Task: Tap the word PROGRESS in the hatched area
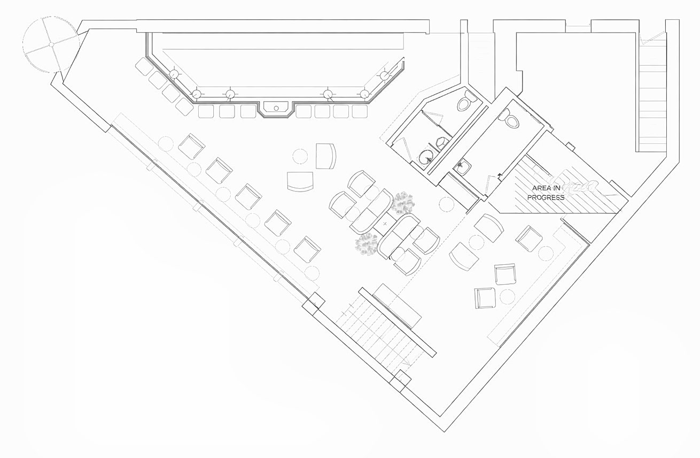click(546, 197)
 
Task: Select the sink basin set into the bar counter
click(276, 108)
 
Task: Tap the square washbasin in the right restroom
click(463, 167)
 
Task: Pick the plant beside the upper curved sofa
click(402, 202)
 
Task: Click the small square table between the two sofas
click(385, 223)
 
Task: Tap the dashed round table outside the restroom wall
click(446, 203)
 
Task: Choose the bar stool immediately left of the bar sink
click(248, 111)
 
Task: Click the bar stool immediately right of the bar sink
click(304, 111)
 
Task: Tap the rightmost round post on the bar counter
click(385, 75)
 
